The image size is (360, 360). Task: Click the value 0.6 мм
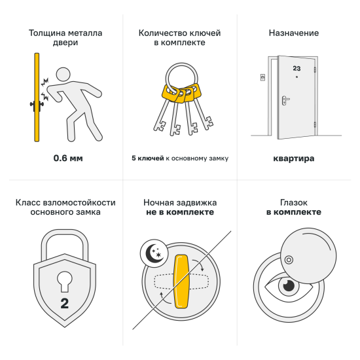[x=68, y=158]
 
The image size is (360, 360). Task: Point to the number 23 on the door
[x=297, y=67]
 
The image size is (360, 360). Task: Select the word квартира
[x=294, y=158]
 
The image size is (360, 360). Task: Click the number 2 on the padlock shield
[x=64, y=303]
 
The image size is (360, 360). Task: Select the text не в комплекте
[x=180, y=213]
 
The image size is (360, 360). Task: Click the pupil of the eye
[x=287, y=286]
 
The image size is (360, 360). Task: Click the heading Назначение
[x=294, y=32]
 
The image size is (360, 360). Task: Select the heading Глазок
[x=294, y=202]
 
